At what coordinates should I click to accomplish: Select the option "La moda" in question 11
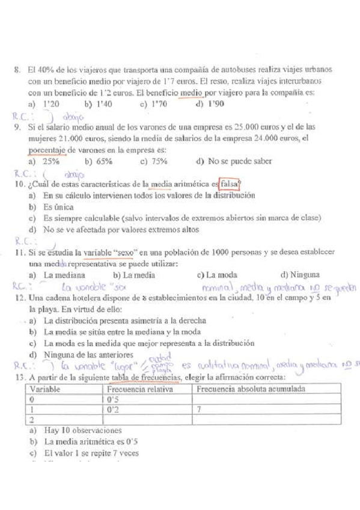click(x=214, y=275)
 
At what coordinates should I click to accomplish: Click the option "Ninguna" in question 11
click(x=301, y=275)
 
